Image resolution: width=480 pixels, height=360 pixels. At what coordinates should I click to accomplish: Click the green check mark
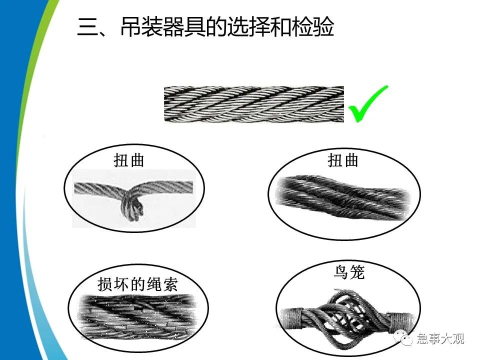click(368, 104)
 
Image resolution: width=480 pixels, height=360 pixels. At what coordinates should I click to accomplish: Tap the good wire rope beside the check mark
click(254, 104)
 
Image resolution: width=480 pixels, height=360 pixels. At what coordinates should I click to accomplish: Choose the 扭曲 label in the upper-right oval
click(343, 160)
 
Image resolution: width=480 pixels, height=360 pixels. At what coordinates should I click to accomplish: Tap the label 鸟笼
click(349, 272)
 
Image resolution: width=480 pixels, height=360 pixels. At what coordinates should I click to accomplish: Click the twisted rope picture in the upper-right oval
click(344, 198)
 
